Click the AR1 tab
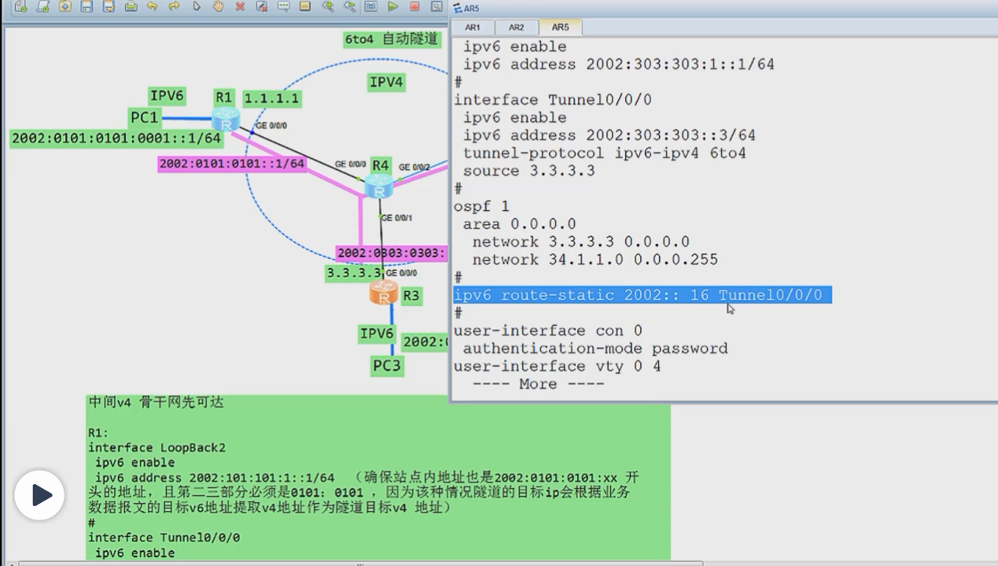473,28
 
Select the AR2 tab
516,28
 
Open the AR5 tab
560,28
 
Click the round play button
39,495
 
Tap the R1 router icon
226,120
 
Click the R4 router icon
379,187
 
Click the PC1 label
145,118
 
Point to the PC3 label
387,366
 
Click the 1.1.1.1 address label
272,99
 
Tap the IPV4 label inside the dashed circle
386,82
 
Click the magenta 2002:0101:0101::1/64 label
232,164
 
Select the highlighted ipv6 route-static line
641,295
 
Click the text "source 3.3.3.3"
528,171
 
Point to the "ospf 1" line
481,206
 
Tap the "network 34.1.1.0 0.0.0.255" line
595,260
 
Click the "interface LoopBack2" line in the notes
157,448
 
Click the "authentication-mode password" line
595,349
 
